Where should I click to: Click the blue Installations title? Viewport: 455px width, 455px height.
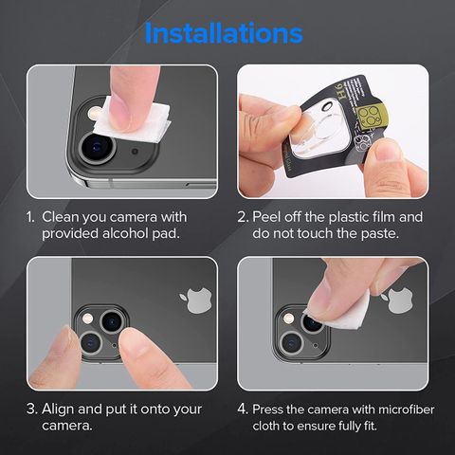click(224, 33)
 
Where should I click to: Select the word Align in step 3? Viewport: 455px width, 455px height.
click(58, 409)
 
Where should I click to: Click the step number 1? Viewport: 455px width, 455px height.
click(30, 217)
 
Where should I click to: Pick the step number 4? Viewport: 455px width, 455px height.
click(243, 409)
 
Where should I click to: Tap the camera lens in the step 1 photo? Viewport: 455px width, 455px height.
click(97, 148)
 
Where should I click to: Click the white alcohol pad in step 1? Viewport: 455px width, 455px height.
click(132, 120)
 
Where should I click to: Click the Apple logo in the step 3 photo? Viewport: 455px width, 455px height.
click(196, 300)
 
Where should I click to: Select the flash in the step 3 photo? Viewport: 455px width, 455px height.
click(87, 318)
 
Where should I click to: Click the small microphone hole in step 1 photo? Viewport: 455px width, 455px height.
click(135, 152)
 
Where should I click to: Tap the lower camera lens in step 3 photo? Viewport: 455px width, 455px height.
click(91, 343)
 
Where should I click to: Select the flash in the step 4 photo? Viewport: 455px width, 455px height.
click(288, 318)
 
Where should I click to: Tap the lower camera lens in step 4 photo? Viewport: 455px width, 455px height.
click(292, 343)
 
